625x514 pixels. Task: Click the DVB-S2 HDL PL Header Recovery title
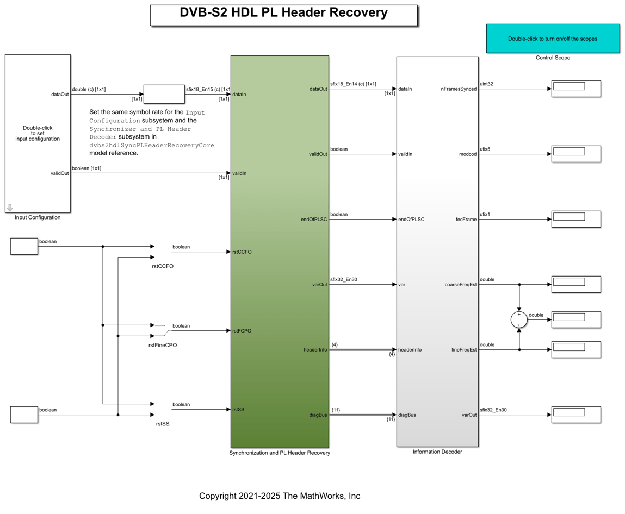283,12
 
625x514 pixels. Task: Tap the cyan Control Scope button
553,39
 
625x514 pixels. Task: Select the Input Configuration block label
38,217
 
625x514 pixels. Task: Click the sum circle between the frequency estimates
519,319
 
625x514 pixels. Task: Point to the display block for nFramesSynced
576,89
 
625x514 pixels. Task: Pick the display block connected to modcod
576,154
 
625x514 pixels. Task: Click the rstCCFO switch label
163,266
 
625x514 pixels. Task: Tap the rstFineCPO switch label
163,345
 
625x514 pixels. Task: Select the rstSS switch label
163,424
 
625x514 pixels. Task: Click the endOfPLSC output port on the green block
314,220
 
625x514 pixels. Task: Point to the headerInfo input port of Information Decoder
410,350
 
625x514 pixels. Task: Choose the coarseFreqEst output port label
460,285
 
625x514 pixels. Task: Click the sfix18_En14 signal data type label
353,84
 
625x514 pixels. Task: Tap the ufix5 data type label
485,149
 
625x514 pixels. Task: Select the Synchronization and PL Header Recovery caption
280,453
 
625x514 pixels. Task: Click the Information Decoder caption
437,452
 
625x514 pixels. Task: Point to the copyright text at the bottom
280,496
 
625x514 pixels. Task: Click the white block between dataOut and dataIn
164,95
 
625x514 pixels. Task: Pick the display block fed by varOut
576,415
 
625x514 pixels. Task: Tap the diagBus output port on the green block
318,415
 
